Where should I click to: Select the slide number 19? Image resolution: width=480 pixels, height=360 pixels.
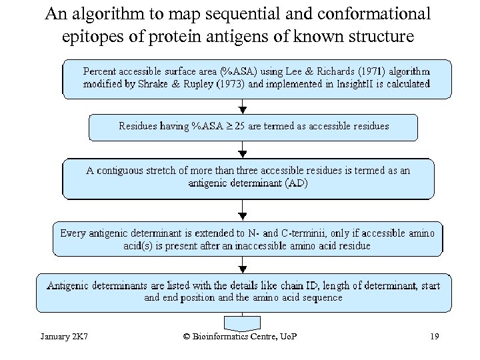pos(434,336)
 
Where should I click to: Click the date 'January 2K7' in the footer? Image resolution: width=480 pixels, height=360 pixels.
pos(65,336)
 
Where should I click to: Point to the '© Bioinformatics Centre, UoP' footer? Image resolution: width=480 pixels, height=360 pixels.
pos(240,336)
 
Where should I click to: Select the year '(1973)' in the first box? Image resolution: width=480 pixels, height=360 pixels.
pos(227,85)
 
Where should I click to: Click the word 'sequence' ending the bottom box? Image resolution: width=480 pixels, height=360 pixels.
pos(323,298)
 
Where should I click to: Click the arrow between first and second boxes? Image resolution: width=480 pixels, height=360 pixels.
pos(242,107)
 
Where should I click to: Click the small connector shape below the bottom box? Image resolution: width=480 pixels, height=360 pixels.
pos(242,323)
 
